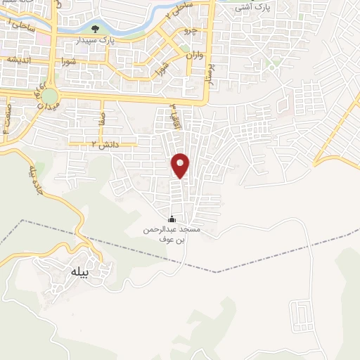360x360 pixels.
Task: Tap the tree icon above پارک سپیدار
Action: point(95,30)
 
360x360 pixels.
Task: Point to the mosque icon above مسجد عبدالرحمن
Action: point(173,219)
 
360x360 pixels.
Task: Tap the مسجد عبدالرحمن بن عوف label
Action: point(172,234)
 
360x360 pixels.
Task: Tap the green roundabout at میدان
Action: point(49,95)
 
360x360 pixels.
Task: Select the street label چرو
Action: point(191,32)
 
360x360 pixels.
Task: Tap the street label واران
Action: point(194,53)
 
